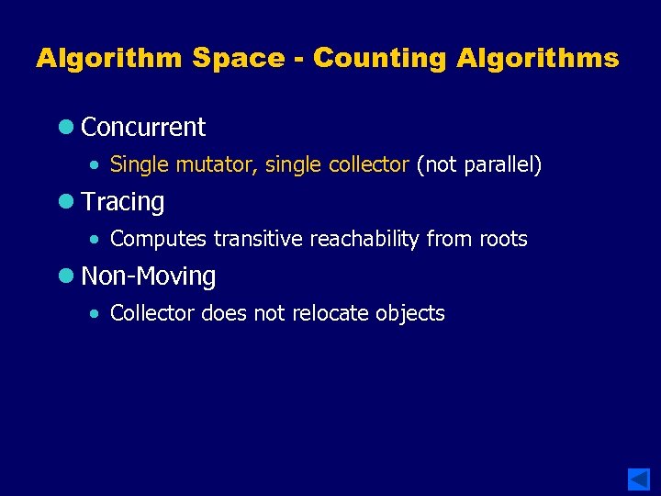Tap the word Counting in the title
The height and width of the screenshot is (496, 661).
[x=379, y=59]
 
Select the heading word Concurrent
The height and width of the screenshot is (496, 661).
[x=143, y=128]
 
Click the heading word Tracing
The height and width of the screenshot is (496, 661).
[x=122, y=202]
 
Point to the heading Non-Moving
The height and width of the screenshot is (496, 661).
[x=148, y=276]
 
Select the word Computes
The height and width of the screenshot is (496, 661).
[x=159, y=240]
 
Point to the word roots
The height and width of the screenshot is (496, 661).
[x=503, y=240]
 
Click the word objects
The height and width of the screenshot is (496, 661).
[x=409, y=313]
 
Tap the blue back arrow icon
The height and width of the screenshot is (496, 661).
[x=639, y=479]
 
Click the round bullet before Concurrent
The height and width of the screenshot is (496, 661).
[x=67, y=128]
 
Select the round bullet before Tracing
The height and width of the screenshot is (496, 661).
[x=67, y=202]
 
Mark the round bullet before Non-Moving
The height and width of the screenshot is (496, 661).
[x=67, y=276]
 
